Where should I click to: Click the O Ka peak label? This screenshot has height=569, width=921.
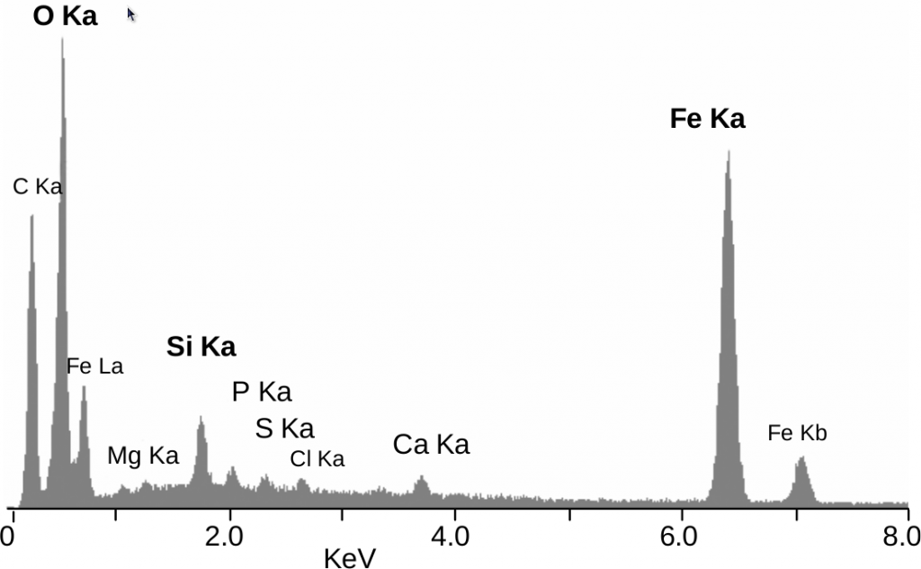pos(65,16)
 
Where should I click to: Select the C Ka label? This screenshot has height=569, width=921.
pos(38,187)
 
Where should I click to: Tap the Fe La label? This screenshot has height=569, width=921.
pos(94,366)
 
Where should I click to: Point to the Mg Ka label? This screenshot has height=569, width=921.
pos(143,456)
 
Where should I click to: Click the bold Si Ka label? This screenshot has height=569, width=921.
pos(201,348)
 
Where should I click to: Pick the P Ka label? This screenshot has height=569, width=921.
pos(262,392)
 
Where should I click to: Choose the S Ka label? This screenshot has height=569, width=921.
pos(284,429)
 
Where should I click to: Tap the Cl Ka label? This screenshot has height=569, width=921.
pos(317,459)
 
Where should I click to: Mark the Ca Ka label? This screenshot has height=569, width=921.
pos(431,444)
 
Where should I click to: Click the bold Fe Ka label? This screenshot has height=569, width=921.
pos(707,119)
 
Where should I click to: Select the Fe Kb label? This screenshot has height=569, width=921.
pos(797,433)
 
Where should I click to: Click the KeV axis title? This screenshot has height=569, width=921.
pos(349,557)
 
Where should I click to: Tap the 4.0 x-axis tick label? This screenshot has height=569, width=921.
pos(451,537)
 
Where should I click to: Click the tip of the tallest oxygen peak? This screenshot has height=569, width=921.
pos(62,40)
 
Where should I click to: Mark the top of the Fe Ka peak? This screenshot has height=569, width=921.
pos(728,152)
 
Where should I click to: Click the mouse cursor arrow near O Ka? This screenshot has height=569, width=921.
pos(131,14)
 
